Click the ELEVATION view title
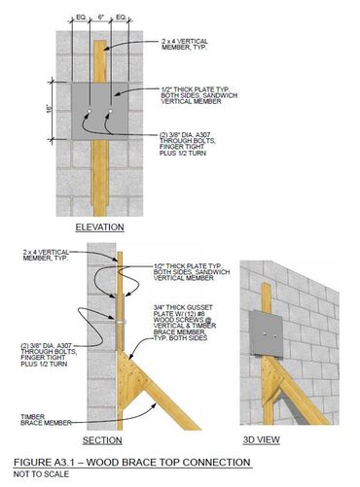[x=99, y=227]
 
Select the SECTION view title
[x=102, y=440]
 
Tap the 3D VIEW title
[x=262, y=439]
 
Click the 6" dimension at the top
[x=101, y=17]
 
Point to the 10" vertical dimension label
[x=49, y=109]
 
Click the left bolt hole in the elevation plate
[x=90, y=112]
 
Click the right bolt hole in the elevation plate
[x=111, y=112]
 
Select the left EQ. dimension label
[x=81, y=17]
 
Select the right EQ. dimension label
[x=121, y=17]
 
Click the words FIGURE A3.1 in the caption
[x=47, y=463]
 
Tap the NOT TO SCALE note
[x=41, y=474]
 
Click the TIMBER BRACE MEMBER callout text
[x=46, y=420]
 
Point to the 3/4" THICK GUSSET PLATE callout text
[x=185, y=323]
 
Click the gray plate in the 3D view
[x=267, y=332]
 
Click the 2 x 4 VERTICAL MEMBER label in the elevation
[x=185, y=45]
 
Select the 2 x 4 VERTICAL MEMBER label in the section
[x=46, y=256]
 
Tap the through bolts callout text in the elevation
[x=187, y=144]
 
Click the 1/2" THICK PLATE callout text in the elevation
[x=199, y=95]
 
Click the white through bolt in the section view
[x=121, y=322]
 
